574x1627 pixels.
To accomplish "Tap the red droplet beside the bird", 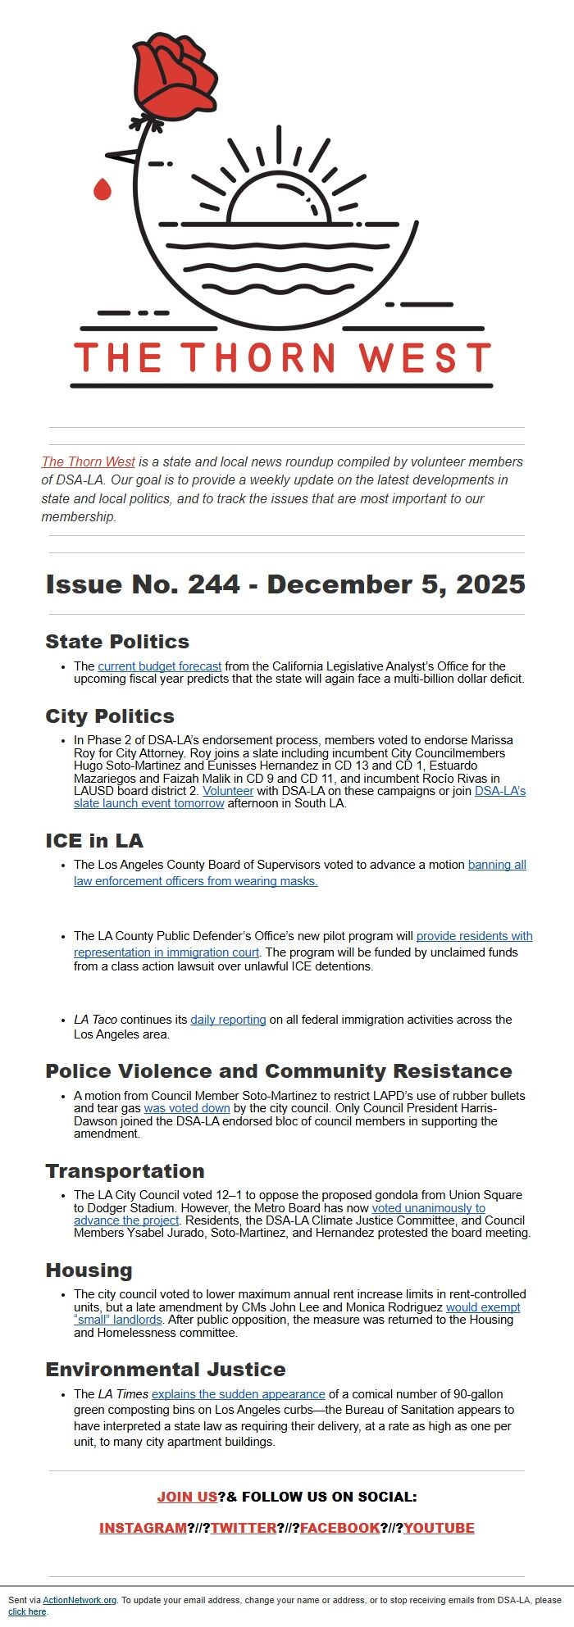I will point(102,190).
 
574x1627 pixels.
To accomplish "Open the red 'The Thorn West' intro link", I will point(89,461).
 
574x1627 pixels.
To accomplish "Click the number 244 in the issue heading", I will point(213,584).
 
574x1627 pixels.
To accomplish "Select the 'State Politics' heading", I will point(117,642).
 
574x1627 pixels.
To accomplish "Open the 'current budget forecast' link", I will point(159,666).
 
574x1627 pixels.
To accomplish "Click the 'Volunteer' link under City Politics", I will point(228,791).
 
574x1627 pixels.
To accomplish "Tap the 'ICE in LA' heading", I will point(94,841).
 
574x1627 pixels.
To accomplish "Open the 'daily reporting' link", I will point(228,1020).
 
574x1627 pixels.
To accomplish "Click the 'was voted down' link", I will point(187,1108).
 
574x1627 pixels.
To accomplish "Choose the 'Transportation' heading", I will point(125,1171).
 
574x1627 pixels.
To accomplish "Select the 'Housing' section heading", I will point(89,1270).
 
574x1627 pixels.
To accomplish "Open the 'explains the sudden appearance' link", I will point(238,1394).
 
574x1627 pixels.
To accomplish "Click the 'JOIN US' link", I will point(187,1497).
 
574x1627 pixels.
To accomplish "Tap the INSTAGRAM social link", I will point(143,1528).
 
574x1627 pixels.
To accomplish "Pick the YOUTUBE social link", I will point(439,1528).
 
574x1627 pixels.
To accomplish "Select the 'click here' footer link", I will point(27,1611).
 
